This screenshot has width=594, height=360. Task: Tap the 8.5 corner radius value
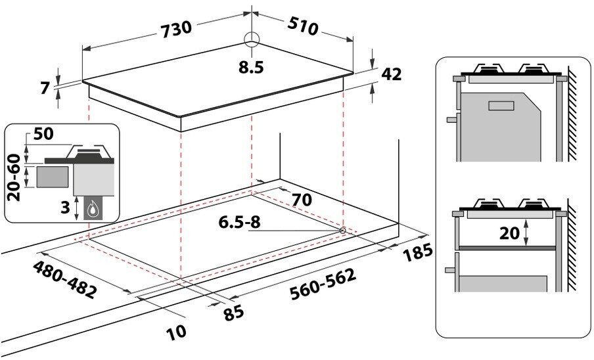click(251, 67)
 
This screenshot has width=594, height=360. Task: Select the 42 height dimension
click(391, 74)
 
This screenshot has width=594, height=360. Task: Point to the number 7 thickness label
click(45, 87)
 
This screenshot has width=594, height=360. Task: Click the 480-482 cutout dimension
click(64, 281)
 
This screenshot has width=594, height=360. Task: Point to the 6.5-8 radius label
click(240, 223)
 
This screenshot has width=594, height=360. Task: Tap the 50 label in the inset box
click(43, 134)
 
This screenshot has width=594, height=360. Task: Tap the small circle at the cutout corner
click(343, 230)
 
